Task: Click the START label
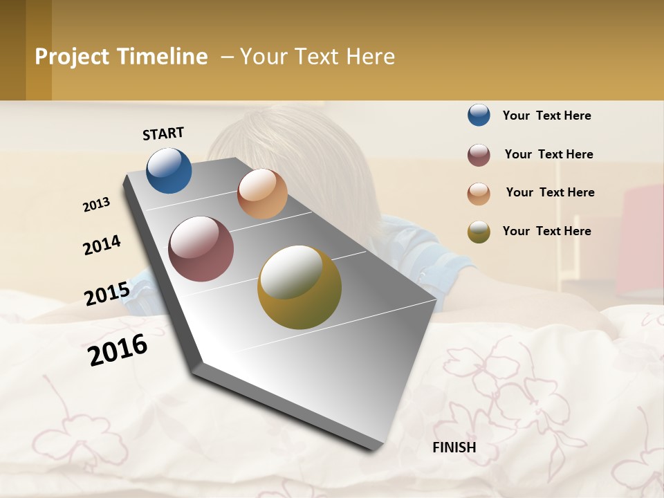pyautogui.click(x=163, y=133)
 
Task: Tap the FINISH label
pyautogui.click(x=454, y=448)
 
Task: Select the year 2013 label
pyautogui.click(x=96, y=205)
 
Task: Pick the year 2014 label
pyautogui.click(x=102, y=246)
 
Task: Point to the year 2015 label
pyautogui.click(x=107, y=294)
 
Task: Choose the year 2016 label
pyautogui.click(x=118, y=350)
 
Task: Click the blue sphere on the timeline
pyautogui.click(x=169, y=170)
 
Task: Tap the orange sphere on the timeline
pyautogui.click(x=262, y=194)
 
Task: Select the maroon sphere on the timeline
pyautogui.click(x=201, y=249)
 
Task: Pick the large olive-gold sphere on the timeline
pyautogui.click(x=299, y=287)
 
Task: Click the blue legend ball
pyautogui.click(x=479, y=115)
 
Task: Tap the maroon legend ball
pyautogui.click(x=479, y=155)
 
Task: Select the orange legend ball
pyautogui.click(x=479, y=194)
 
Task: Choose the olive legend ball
pyautogui.click(x=479, y=232)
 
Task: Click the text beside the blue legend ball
pyautogui.click(x=546, y=116)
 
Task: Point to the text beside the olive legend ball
pyautogui.click(x=546, y=231)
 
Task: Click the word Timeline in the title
pyautogui.click(x=162, y=57)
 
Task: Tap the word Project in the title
pyautogui.click(x=72, y=57)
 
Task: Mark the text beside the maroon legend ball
pyautogui.click(x=548, y=154)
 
